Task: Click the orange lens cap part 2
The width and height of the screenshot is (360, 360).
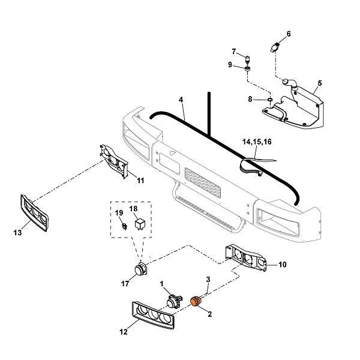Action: (x=196, y=301)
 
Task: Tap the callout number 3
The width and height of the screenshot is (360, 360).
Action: (x=208, y=279)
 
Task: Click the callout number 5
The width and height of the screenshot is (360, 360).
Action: (x=319, y=82)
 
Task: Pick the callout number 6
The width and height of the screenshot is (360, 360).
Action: (x=288, y=34)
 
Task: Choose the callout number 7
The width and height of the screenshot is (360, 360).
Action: (x=234, y=51)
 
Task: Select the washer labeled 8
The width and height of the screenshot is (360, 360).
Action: (x=271, y=99)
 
